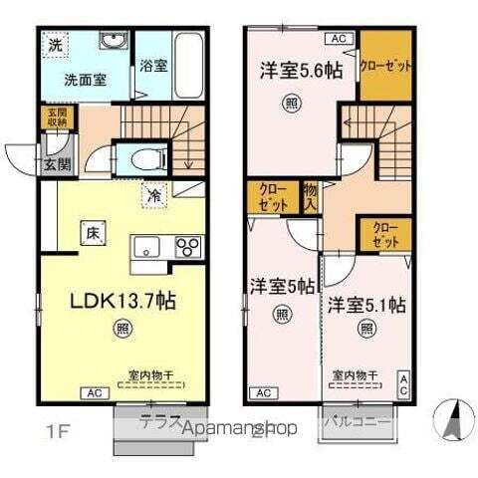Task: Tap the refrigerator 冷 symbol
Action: click(x=154, y=194)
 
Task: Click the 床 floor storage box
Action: click(x=91, y=234)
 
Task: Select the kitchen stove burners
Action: click(x=188, y=245)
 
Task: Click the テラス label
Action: click(x=159, y=420)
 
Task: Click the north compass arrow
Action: click(x=448, y=412)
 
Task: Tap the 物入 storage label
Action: click(x=310, y=196)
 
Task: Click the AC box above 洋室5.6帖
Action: click(x=338, y=38)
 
